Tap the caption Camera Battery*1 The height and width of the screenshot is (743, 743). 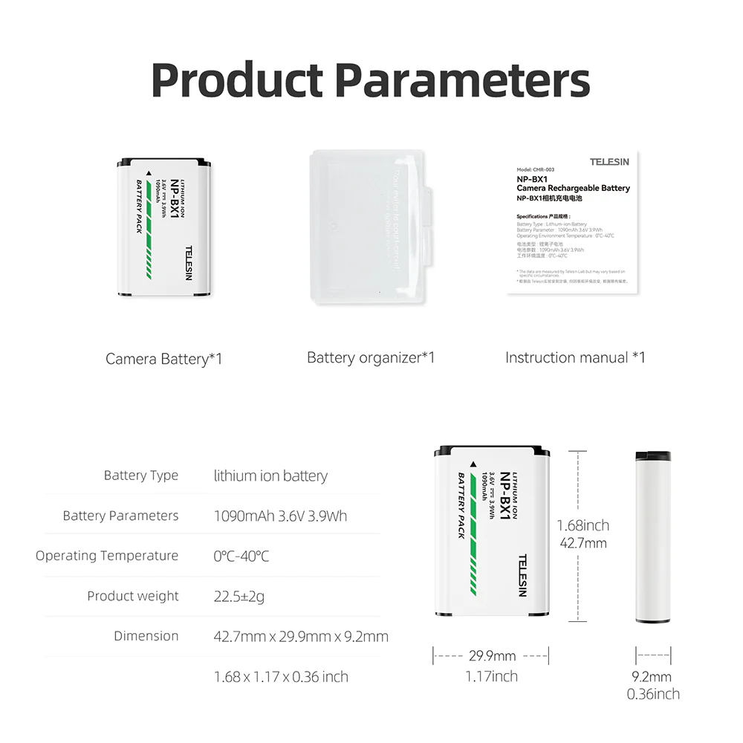point(163,360)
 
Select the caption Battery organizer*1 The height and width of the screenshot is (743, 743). point(371,358)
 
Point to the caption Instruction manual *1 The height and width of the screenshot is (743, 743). point(575,358)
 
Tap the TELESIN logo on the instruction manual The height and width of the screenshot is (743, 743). point(609,161)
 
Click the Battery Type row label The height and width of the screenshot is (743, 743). point(141,476)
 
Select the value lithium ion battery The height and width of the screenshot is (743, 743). point(270,476)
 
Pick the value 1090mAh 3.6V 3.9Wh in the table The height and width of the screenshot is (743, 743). point(280,516)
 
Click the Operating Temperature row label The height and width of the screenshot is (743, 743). point(107,556)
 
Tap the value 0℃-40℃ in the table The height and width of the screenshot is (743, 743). point(241,556)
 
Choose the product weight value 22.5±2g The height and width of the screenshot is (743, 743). point(239,596)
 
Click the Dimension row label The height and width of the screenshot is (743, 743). point(146,636)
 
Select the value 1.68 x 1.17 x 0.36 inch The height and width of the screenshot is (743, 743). point(281,677)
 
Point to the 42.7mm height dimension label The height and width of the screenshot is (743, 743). point(583,543)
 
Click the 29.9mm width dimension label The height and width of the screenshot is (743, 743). point(492,656)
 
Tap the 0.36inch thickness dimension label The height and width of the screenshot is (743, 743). point(653,694)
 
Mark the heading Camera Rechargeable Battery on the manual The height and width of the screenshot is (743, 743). point(573,189)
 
